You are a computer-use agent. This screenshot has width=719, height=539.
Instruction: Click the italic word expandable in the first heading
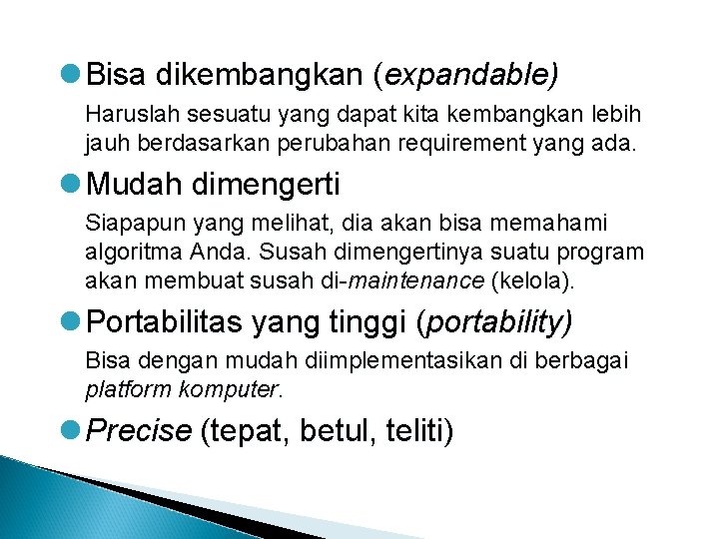click(x=470, y=73)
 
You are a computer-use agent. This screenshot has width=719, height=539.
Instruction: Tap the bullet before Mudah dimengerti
click(x=72, y=184)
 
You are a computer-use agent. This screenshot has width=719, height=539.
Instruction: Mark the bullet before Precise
click(x=72, y=430)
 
